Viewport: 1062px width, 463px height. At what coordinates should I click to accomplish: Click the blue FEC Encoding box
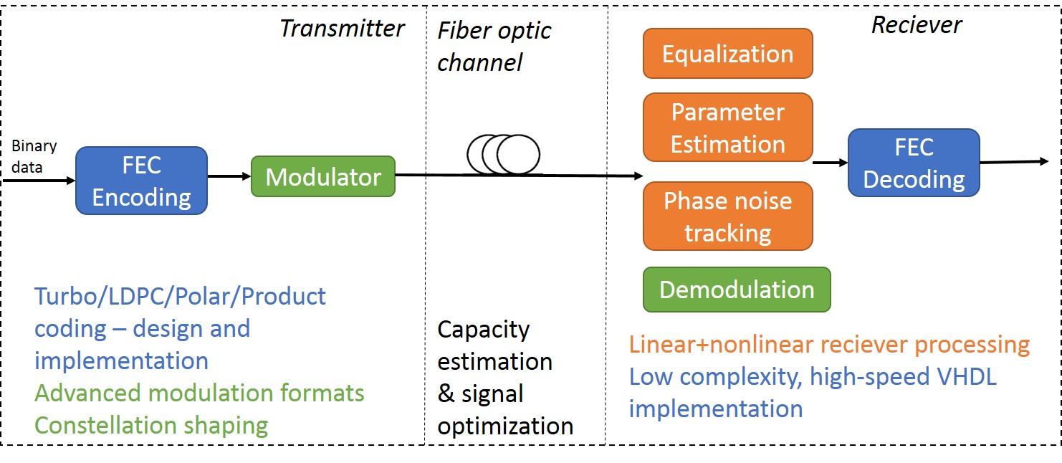pos(141,181)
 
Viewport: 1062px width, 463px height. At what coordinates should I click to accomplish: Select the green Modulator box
pos(323,176)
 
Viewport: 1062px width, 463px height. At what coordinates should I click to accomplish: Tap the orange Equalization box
pos(728,54)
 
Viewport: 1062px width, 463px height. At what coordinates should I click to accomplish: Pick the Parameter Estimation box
pos(728,128)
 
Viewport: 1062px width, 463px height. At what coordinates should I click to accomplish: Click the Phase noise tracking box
pos(728,216)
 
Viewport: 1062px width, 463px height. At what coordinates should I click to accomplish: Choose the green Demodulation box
pos(737,290)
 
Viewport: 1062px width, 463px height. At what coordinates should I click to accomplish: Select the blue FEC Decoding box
pos(914,163)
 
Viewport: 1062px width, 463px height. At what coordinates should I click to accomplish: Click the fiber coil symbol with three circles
pos(503,155)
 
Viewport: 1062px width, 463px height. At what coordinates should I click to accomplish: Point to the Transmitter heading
pos(342,29)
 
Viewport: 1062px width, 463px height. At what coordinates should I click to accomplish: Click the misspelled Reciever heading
pos(917,25)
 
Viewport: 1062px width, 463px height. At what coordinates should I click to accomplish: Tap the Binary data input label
pos(34,156)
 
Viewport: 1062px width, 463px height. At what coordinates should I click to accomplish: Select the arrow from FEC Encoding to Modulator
pos(229,176)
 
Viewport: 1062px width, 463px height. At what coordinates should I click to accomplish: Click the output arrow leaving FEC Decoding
pos(1014,162)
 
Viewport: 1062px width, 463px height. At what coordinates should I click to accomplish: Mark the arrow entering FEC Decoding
pos(830,163)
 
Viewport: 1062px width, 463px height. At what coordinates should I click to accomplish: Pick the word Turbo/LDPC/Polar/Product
pos(180,297)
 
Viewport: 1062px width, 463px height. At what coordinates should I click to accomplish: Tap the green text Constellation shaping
pos(151,426)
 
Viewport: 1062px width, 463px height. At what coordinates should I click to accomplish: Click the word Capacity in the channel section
pos(483,330)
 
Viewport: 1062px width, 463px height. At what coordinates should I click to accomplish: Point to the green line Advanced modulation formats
pos(199,393)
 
